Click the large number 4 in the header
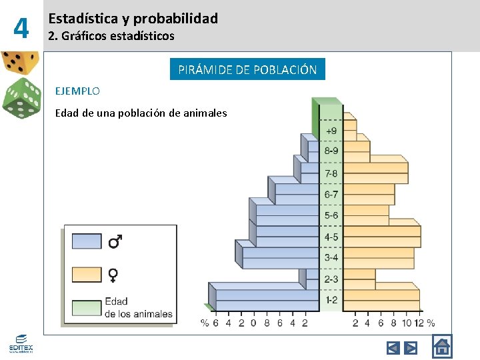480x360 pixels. [x=22, y=28]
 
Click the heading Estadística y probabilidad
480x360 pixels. [x=133, y=19]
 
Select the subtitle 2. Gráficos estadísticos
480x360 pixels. [x=111, y=36]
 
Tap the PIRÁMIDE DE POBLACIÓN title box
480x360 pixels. [x=247, y=69]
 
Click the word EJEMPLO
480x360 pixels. [x=77, y=91]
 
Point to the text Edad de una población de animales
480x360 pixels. [x=141, y=113]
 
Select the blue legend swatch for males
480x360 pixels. [x=87, y=241]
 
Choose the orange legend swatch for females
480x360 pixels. [x=87, y=274]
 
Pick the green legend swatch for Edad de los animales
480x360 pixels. [x=87, y=307]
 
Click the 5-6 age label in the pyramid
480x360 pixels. [x=331, y=215]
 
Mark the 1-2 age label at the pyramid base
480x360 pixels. [x=331, y=300]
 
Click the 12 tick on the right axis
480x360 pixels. [x=418, y=323]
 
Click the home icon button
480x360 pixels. [x=441, y=347]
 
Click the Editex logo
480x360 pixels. [x=21, y=343]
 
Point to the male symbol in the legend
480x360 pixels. [x=115, y=241]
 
